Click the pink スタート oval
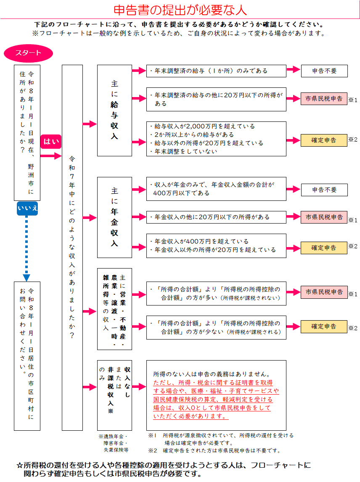tap(28, 53)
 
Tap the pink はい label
tap(51, 141)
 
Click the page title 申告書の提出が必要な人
tap(180, 10)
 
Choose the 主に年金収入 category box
tap(114, 217)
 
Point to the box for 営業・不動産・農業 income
tap(114, 309)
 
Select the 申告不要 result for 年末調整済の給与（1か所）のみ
tap(324, 71)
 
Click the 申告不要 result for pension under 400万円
tap(324, 190)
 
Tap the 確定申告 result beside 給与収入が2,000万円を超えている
tap(324, 140)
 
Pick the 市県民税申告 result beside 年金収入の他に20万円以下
tap(324, 217)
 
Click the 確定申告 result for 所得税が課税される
tap(324, 327)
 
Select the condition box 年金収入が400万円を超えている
tap(216, 245)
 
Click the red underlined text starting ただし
tap(213, 400)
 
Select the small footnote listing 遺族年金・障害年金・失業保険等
tap(113, 443)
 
